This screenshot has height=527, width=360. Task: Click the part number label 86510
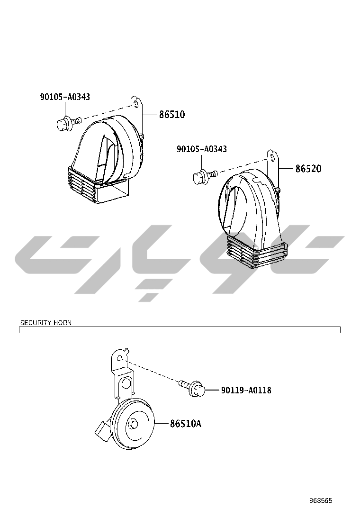point(171,115)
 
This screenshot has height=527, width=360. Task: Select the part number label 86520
point(308,169)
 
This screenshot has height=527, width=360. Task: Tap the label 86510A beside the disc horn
point(186,424)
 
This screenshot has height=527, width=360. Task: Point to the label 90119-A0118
point(246,391)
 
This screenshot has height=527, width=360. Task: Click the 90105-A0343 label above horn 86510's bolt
point(65,97)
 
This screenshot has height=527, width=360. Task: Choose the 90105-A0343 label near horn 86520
point(201,149)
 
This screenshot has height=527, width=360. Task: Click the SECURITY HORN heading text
point(46,323)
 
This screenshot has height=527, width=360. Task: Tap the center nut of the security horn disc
point(133,424)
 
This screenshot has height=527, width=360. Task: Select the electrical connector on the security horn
point(102,432)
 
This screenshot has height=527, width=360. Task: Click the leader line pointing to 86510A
point(162,423)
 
